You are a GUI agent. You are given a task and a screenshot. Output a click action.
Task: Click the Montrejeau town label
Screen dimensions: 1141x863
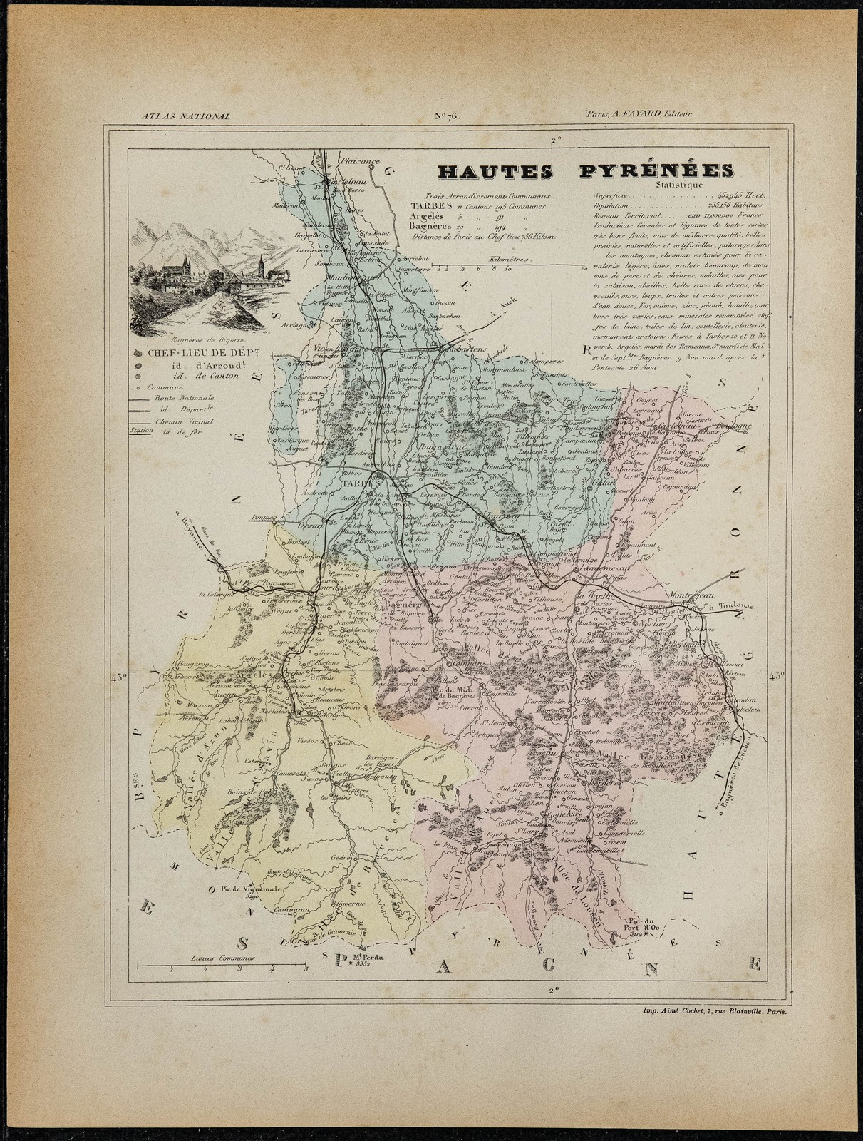coord(688,594)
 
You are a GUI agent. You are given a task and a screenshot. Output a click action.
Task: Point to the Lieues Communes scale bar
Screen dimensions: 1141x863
coord(221,966)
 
